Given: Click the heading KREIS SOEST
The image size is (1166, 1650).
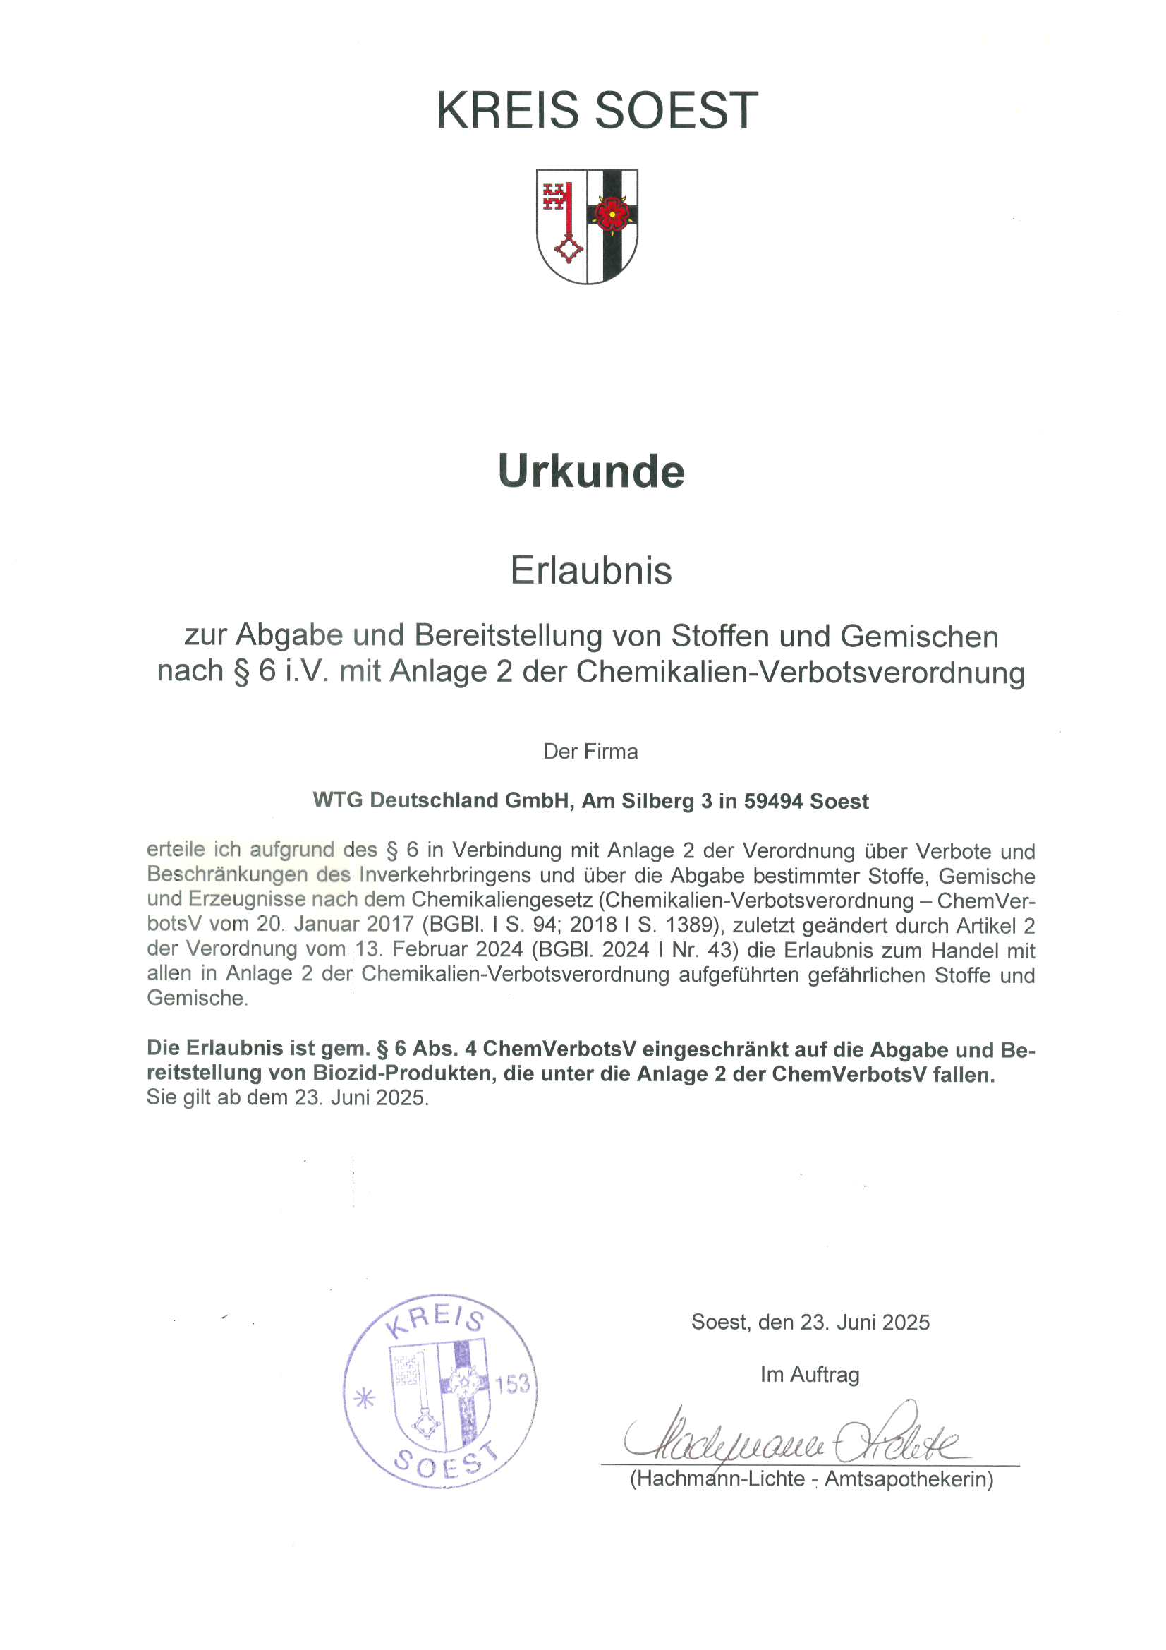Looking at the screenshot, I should pyautogui.click(x=596, y=111).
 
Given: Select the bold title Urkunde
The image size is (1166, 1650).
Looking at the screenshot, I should pyautogui.click(x=590, y=471).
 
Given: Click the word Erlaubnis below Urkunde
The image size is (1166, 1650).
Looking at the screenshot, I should pyautogui.click(x=590, y=571).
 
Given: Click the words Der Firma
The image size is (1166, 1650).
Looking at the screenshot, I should pyautogui.click(x=590, y=752).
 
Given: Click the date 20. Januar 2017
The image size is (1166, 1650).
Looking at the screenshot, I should pyautogui.click(x=335, y=925).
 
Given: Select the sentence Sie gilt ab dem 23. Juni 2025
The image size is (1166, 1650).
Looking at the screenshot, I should pyautogui.click(x=287, y=1097).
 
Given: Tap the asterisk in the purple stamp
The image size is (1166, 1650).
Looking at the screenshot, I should pyautogui.click(x=365, y=1398).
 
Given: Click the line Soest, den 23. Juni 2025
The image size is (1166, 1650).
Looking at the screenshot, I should pyautogui.click(x=810, y=1323).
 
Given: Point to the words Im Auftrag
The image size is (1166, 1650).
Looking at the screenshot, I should pyautogui.click(x=810, y=1375).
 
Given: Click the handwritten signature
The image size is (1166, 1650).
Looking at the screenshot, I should pyautogui.click(x=790, y=1438).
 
